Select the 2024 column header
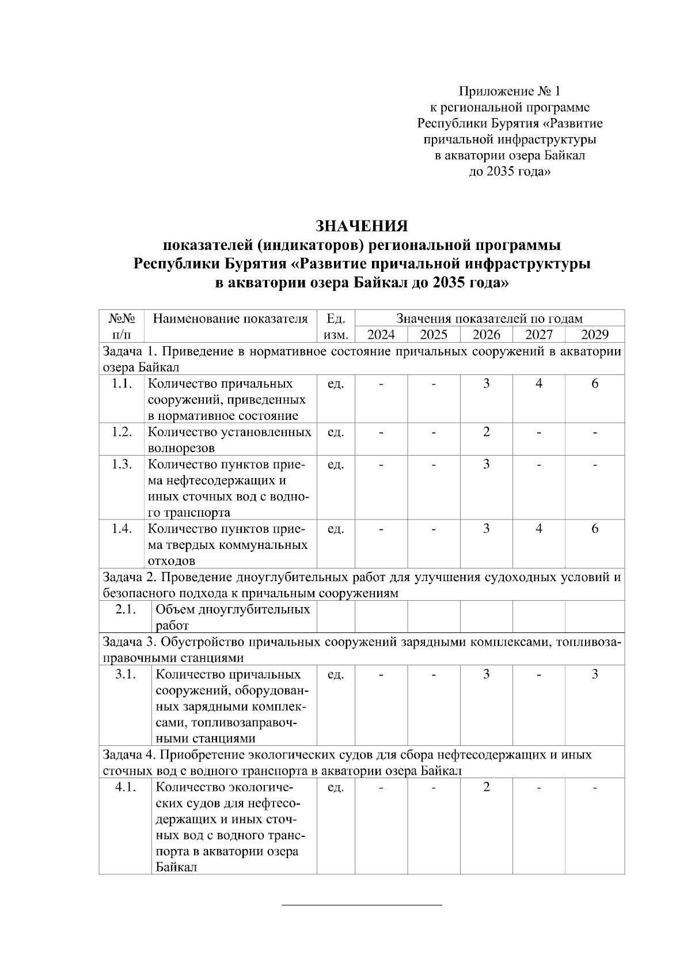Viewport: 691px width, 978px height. click(x=381, y=335)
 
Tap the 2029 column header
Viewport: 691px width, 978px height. click(x=594, y=335)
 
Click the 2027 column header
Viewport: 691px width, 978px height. click(x=539, y=335)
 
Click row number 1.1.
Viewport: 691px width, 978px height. click(x=122, y=384)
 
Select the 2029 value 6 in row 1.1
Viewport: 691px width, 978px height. click(x=595, y=384)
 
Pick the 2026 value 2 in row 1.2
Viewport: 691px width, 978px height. click(x=486, y=432)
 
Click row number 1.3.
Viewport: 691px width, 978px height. click(x=122, y=464)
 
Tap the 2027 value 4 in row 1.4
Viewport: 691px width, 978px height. click(x=539, y=529)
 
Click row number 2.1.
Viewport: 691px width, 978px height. click(x=125, y=609)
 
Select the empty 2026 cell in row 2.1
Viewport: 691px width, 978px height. click(x=486, y=616)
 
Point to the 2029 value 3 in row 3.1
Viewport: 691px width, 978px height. click(x=595, y=674)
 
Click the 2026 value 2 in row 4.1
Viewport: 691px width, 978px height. click(x=486, y=787)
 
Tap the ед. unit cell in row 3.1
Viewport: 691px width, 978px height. click(x=335, y=674)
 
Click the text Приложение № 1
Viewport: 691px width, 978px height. click(x=509, y=91)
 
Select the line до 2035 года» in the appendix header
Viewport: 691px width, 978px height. click(x=509, y=172)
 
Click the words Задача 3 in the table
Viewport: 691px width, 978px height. click(x=126, y=642)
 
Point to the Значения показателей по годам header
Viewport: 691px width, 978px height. click(x=489, y=319)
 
